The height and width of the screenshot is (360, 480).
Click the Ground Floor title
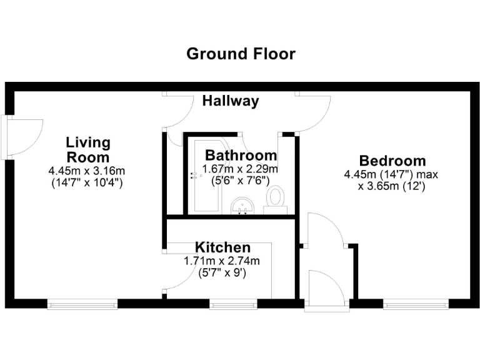pyautogui.click(x=241, y=54)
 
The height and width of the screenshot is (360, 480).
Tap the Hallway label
pyautogui.click(x=230, y=101)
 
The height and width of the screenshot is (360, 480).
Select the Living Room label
pyautogui.click(x=88, y=150)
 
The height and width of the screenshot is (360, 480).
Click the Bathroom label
pyautogui.click(x=241, y=155)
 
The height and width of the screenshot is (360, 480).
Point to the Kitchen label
pyautogui.click(x=222, y=247)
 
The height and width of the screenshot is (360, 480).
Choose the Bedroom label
pyautogui.click(x=392, y=161)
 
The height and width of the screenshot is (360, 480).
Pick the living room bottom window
pyautogui.click(x=82, y=304)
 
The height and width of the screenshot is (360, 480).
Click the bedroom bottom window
pyautogui.click(x=416, y=304)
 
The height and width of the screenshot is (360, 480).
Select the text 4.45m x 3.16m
pyautogui.click(x=87, y=171)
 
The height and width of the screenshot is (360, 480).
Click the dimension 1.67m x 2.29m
pyautogui.click(x=241, y=169)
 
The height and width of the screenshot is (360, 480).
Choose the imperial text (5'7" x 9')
pyautogui.click(x=222, y=272)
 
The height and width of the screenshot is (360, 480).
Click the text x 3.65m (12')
pyautogui.click(x=392, y=186)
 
